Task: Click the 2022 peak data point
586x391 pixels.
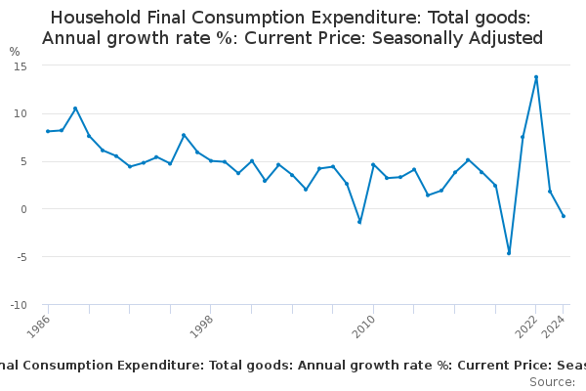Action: coord(536,77)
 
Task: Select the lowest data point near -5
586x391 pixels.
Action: coord(509,253)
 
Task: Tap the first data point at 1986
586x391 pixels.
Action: coord(48,131)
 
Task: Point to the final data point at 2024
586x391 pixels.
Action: coord(564,216)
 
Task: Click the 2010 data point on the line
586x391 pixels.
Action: coord(373,165)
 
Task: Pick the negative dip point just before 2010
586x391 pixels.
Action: coord(359,222)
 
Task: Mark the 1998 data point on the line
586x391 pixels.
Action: coord(211,160)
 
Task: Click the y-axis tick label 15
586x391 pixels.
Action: coord(20,65)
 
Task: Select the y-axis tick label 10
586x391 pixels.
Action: coord(20,113)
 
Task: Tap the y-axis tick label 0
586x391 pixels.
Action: coord(22,209)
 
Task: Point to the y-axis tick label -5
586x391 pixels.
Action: coord(20,257)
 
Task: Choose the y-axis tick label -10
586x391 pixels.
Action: coord(17,305)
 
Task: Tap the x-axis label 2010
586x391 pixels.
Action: coord(366,326)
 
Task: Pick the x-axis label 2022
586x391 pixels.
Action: coord(528,326)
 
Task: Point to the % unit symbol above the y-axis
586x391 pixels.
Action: coord(15,51)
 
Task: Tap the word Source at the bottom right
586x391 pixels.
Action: coord(553,381)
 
